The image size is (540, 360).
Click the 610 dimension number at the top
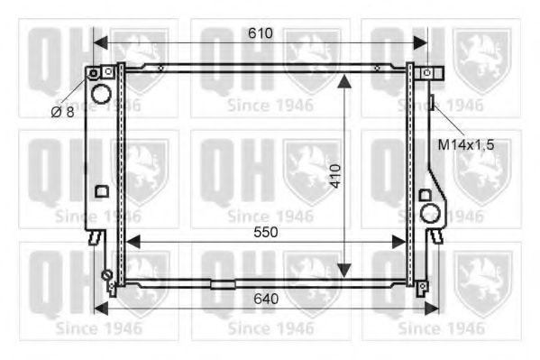pos(261,33)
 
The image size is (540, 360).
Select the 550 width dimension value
pos(264,232)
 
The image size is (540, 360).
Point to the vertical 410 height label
pos(334,174)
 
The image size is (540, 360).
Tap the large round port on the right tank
pos(431,213)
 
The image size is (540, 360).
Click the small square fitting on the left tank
pos(101,191)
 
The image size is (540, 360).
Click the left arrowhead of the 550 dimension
pos(132,242)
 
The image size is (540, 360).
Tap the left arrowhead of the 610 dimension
pos(100,42)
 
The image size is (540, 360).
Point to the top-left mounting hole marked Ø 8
pos(92,72)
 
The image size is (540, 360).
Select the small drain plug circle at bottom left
pos(106,275)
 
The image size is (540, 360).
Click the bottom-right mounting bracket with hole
pos(421,288)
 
